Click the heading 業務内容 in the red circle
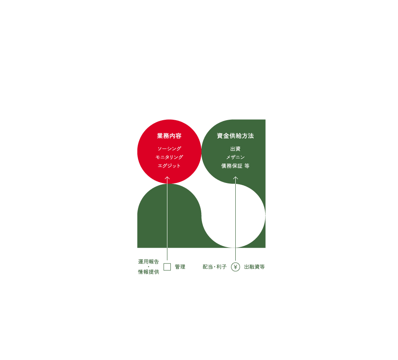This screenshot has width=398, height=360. click(x=169, y=136)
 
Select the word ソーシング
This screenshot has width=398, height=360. click(x=169, y=149)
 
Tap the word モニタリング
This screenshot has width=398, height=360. click(x=169, y=157)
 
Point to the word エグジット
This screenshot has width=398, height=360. click(x=169, y=166)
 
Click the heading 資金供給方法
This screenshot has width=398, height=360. click(x=235, y=136)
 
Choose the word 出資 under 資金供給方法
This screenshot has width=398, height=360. click(x=235, y=149)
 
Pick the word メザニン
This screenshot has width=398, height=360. click(x=235, y=157)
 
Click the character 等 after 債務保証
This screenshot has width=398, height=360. click(x=247, y=166)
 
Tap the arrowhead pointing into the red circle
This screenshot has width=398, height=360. click(x=167, y=178)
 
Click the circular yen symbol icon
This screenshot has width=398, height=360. click(x=235, y=267)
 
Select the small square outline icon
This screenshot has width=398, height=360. click(x=167, y=267)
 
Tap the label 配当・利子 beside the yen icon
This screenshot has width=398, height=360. click(x=215, y=267)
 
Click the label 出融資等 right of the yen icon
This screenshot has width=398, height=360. click(x=254, y=267)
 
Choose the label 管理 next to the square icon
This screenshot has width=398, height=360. click(x=180, y=267)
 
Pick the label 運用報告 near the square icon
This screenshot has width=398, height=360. click(x=148, y=261)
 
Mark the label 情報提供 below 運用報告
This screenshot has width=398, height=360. click(x=148, y=272)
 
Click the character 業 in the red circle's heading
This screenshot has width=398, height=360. click(x=160, y=136)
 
